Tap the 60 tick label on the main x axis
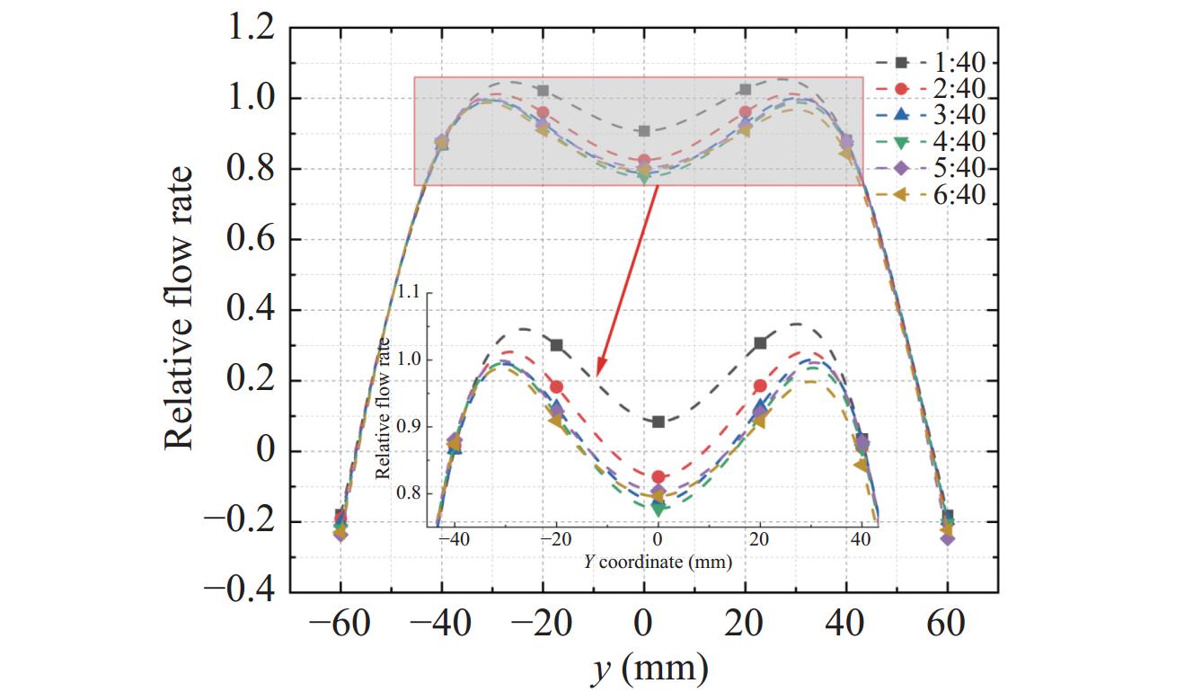pyautogui.click(x=947, y=624)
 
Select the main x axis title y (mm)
pyautogui.click(x=643, y=668)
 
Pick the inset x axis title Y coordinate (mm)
pyautogui.click(x=657, y=563)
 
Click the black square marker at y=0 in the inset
pyautogui.click(x=658, y=421)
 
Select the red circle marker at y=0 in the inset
pyautogui.click(x=658, y=477)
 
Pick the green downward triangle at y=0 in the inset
pyautogui.click(x=658, y=509)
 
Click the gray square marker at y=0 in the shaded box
pyautogui.click(x=643, y=131)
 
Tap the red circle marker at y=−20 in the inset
pyautogui.click(x=557, y=386)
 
